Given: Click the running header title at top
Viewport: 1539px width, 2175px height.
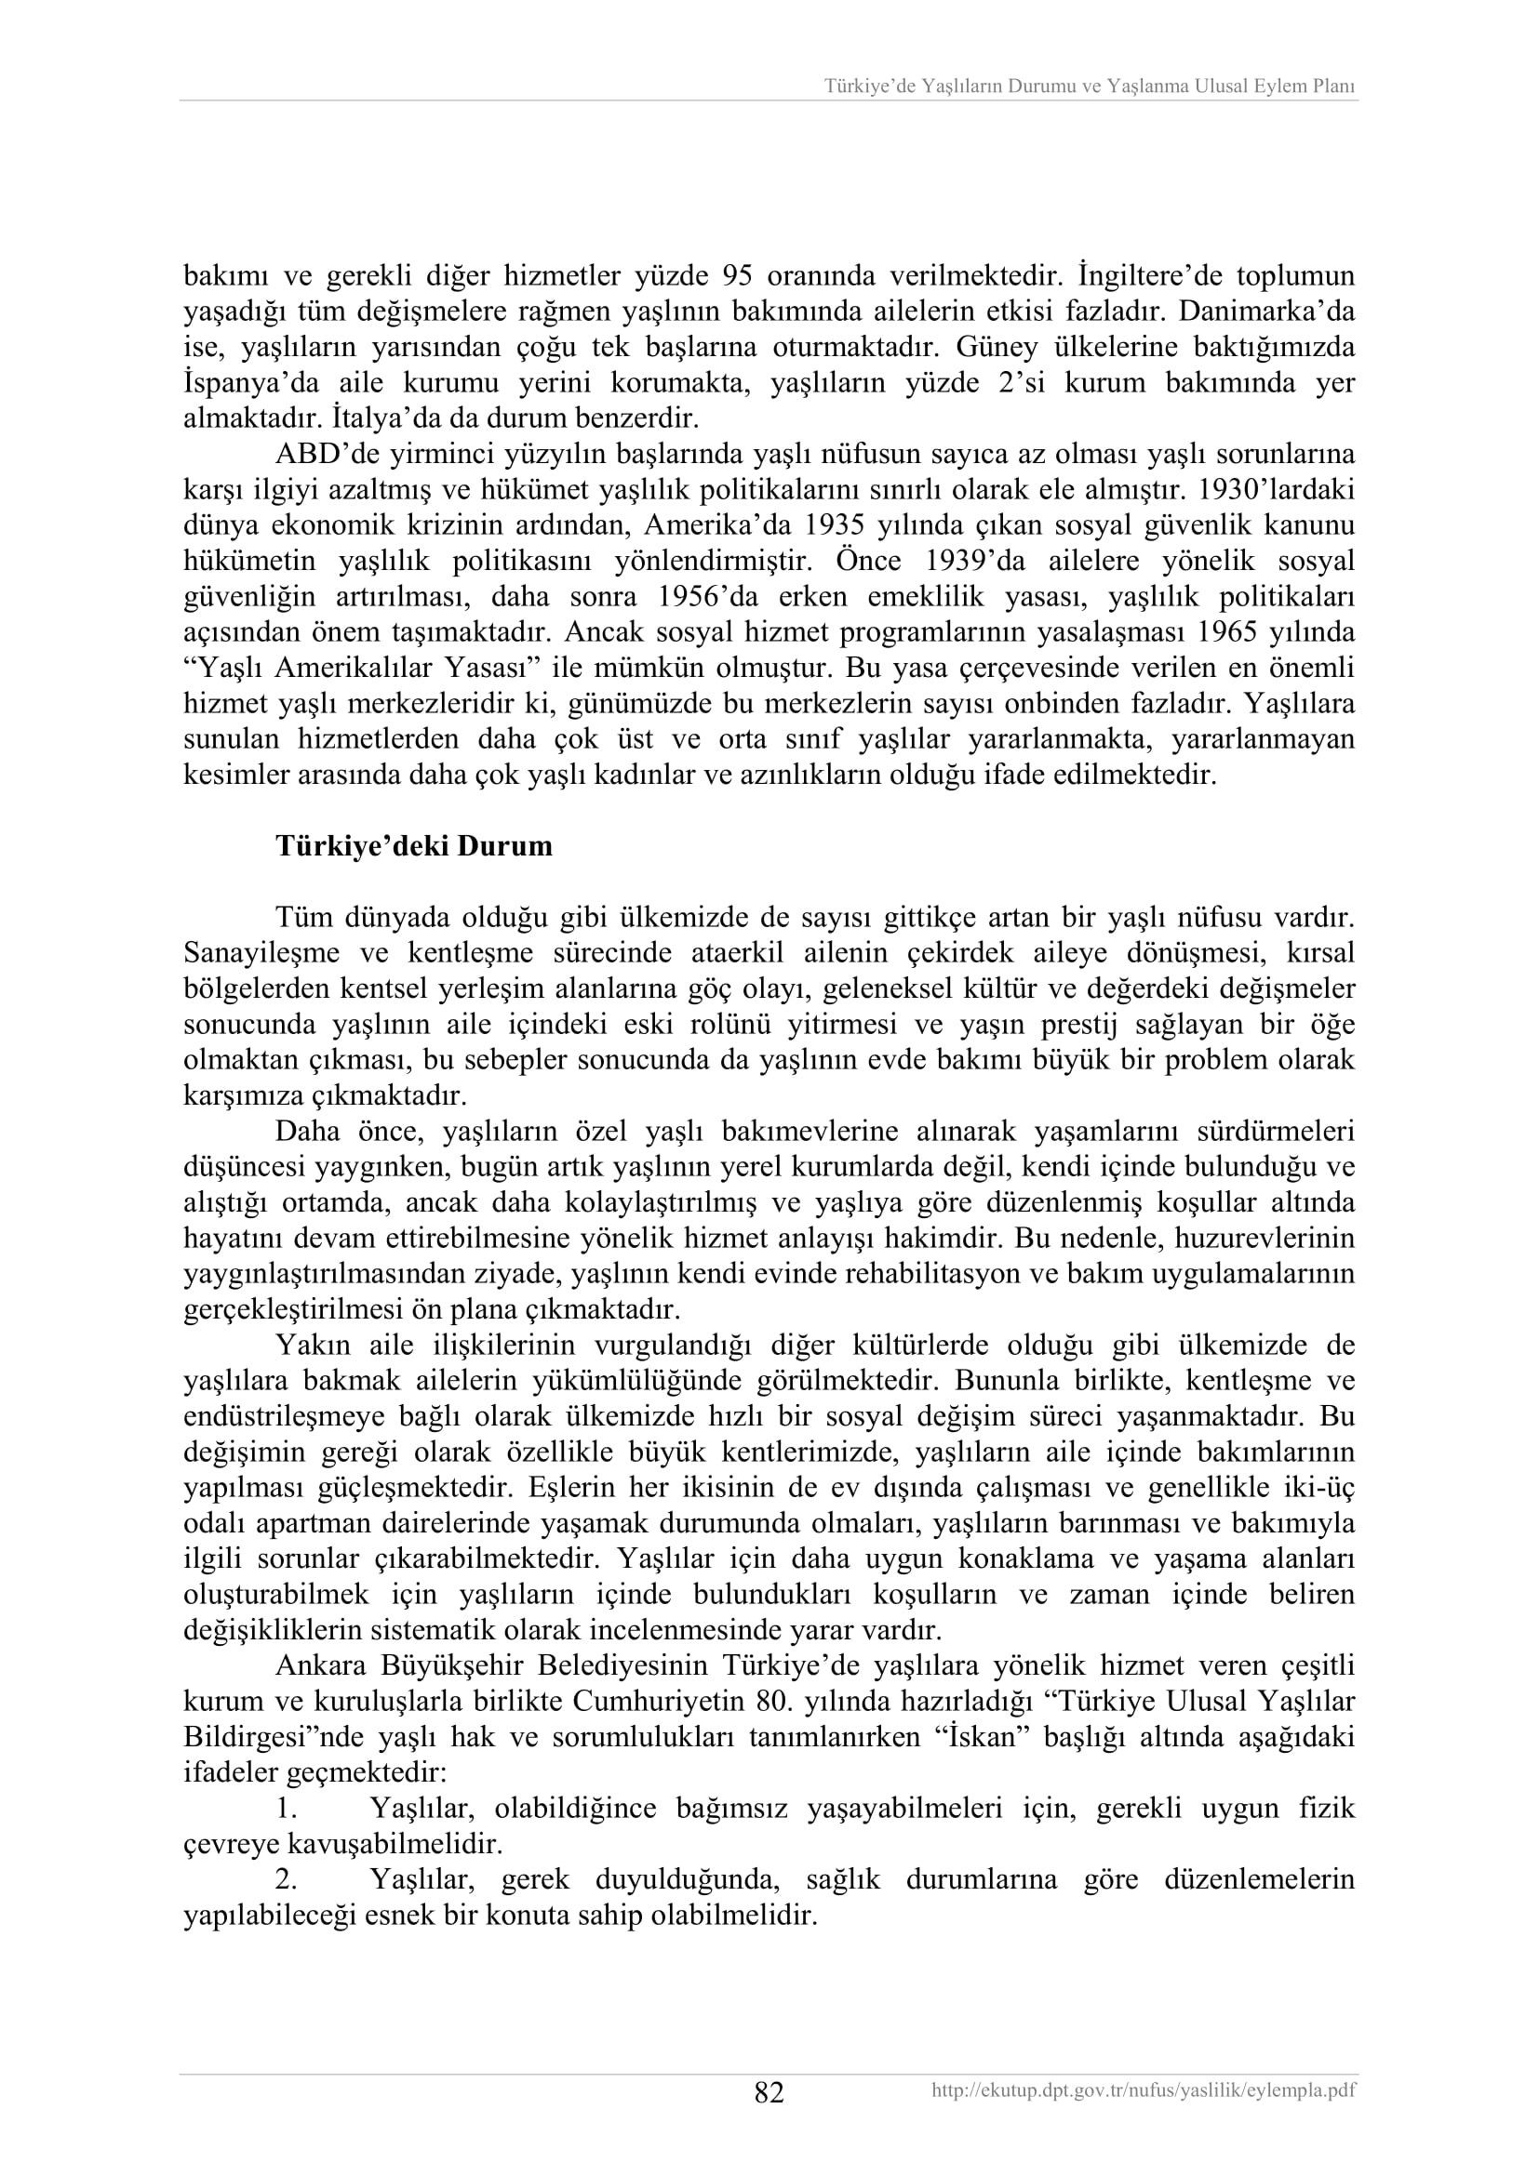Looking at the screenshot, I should click(1090, 86).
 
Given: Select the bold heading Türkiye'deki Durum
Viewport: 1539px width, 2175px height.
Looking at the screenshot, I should click(414, 845).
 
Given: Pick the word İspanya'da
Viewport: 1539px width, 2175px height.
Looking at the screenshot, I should click(247, 383).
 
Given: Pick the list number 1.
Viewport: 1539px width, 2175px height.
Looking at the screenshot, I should click(287, 1809).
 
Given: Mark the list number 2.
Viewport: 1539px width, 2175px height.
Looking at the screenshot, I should click(287, 1879).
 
